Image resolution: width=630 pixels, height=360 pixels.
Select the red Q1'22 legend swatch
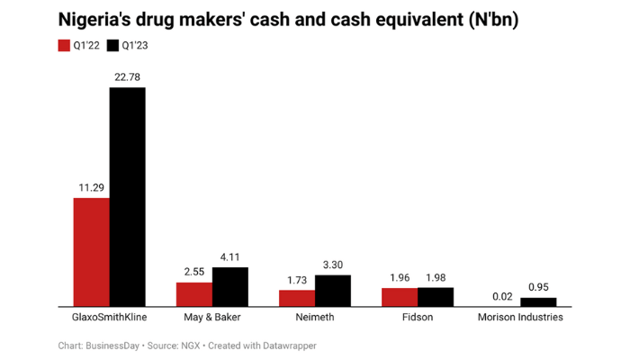coord(65,45)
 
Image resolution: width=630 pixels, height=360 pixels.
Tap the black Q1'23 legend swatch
coord(113,45)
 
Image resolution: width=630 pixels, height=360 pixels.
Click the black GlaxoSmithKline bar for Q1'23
coord(127,197)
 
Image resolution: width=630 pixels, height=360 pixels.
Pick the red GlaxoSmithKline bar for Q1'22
coord(91,252)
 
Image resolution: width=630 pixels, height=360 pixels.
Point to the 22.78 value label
coord(127,77)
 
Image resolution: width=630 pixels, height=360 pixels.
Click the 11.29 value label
coord(91,187)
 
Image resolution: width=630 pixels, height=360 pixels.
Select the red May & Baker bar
coord(193,294)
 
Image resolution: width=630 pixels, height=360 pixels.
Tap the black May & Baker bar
coord(229,287)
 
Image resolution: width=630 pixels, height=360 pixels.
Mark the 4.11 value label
coord(229,257)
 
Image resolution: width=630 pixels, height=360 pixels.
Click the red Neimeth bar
coord(297,298)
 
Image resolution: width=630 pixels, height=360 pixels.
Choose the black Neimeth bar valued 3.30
coord(333,291)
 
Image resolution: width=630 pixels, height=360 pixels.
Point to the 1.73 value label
coord(297,280)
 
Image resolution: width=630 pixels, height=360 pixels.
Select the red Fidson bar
coord(400,297)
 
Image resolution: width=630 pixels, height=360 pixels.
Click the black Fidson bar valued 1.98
coord(436,297)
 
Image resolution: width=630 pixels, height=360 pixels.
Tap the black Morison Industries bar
coord(538,302)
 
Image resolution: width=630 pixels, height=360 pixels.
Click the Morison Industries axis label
coord(520,318)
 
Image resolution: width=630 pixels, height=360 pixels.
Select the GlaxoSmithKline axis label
coord(109,318)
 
